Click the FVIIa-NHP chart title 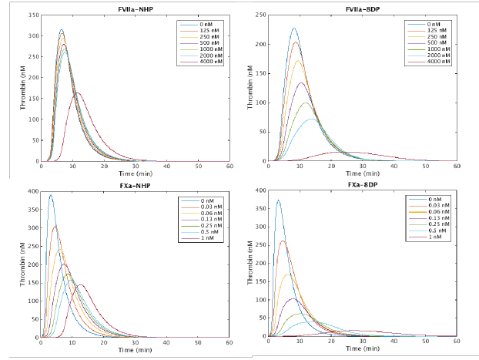point(136,8)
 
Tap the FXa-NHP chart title point(136,185)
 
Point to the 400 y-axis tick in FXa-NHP point(32,191)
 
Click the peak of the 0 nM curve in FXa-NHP point(51,195)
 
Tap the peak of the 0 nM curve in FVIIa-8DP point(294,29)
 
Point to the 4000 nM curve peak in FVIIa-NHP point(77,93)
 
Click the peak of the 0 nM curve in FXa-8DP point(278,200)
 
